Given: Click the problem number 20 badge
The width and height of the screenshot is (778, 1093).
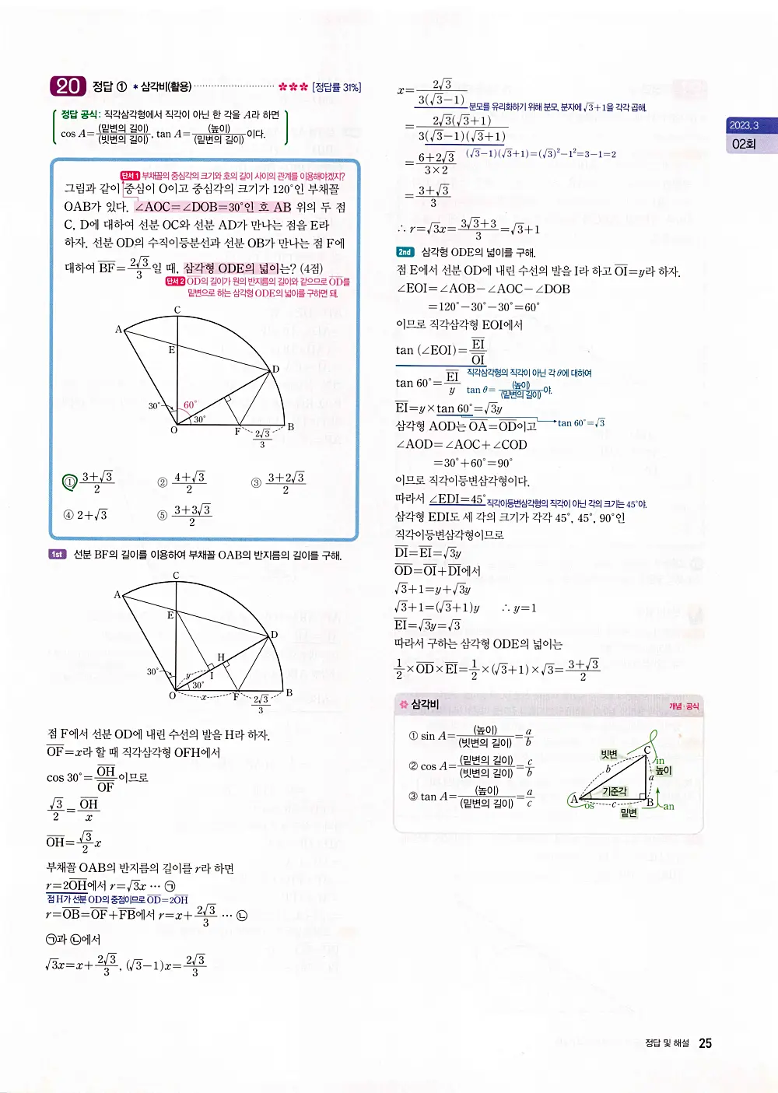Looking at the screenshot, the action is [68, 86].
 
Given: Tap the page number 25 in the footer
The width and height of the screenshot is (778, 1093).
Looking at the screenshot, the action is [705, 1043].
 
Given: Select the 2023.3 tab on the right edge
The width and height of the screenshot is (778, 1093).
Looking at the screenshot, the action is [744, 125].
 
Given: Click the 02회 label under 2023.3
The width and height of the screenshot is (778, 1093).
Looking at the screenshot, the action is [744, 144].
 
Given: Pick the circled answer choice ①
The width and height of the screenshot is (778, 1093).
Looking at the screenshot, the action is [69, 482].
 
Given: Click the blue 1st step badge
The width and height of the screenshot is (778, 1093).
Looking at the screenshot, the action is [57, 555].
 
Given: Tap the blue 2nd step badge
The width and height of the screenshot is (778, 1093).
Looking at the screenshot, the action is [405, 252].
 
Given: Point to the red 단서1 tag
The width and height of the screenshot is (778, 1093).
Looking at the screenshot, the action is [129, 176].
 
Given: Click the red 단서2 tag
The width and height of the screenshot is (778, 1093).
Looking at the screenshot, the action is [174, 282].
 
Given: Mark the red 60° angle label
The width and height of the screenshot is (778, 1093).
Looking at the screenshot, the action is [190, 405].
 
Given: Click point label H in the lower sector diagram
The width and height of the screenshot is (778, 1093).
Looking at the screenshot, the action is [221, 657].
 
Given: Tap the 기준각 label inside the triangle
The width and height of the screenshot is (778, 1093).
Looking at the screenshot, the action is [615, 791].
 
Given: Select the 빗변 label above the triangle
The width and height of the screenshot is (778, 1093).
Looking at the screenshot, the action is [609, 754].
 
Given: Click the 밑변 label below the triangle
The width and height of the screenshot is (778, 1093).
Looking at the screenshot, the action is [629, 812].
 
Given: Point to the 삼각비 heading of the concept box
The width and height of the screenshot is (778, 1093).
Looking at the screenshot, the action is [425, 704].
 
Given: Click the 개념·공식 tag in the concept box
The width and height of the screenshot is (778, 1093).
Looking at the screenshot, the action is [684, 706].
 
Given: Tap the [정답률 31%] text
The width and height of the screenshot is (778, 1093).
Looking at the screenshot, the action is [337, 87].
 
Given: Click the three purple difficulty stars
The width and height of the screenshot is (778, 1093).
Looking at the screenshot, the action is [293, 87].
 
